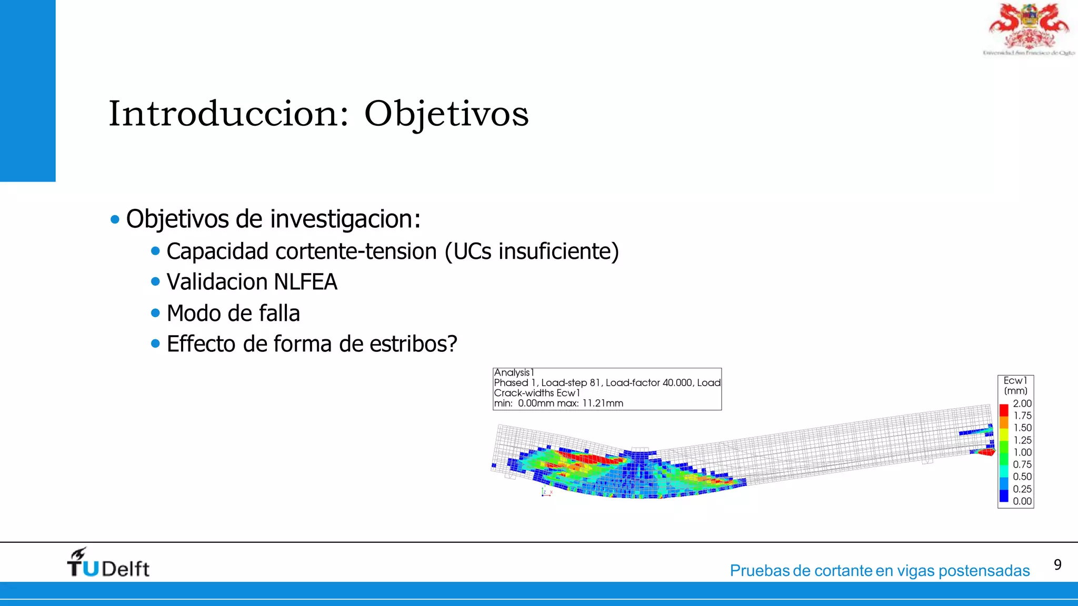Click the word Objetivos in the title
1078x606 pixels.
tap(446, 114)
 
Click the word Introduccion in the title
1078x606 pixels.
tap(228, 114)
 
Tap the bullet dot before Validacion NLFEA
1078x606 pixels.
tap(155, 282)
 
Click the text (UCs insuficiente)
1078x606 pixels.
tap(532, 251)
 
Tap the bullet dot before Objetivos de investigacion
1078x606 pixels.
tap(115, 220)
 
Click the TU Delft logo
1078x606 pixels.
tap(108, 563)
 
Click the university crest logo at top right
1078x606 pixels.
tap(1029, 29)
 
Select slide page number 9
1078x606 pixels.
tap(1057, 565)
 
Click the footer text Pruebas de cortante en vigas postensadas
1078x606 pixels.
tap(879, 571)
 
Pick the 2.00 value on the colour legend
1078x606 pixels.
tap(1022, 403)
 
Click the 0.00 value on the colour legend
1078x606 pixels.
tap(1022, 501)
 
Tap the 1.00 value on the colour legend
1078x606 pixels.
tap(1022, 452)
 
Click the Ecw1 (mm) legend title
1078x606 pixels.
tap(1015, 386)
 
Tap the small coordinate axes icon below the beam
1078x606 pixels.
tap(546, 493)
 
